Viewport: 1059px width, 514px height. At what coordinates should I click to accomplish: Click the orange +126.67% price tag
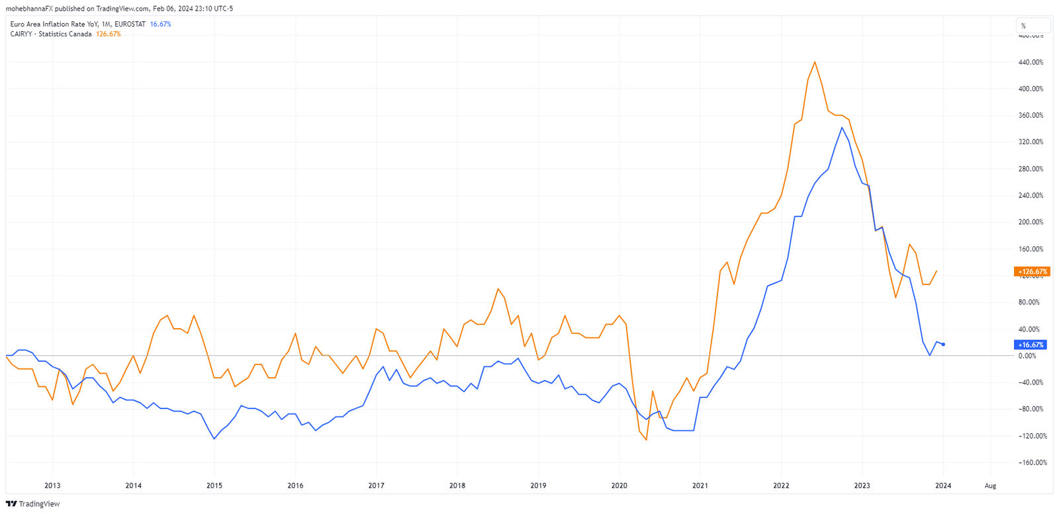point(1032,271)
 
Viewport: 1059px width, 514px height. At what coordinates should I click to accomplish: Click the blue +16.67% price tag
point(1031,345)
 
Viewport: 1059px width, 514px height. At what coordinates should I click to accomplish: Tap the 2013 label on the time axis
point(52,486)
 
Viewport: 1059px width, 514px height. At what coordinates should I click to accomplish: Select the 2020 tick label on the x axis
point(619,486)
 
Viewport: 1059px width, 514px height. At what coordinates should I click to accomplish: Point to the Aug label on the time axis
point(990,486)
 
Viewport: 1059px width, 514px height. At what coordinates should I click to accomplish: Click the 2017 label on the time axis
point(376,486)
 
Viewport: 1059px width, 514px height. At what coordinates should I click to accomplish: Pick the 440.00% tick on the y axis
point(1031,62)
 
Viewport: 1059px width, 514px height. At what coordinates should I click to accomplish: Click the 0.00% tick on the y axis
point(1027,356)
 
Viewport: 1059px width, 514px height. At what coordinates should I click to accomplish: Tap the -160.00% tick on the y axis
point(1033,462)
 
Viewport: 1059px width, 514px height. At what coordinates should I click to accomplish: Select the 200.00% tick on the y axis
point(1031,222)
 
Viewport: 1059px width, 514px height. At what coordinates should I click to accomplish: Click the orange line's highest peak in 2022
point(815,62)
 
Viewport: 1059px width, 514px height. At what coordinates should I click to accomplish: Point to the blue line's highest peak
point(842,128)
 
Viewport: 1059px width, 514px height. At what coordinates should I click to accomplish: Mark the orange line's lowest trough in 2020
point(646,440)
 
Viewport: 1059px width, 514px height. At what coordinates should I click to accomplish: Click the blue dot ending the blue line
point(943,345)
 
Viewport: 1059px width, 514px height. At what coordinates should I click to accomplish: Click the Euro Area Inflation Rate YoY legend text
point(77,24)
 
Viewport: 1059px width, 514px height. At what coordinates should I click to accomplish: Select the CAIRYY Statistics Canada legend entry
point(51,34)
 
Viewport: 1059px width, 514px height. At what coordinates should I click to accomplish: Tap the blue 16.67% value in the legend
point(160,24)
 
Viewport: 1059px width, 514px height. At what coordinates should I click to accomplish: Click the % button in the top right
point(1032,26)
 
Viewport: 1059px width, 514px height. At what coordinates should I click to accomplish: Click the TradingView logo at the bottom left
point(32,504)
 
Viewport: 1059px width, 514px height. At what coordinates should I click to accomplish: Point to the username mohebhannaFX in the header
point(29,9)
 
